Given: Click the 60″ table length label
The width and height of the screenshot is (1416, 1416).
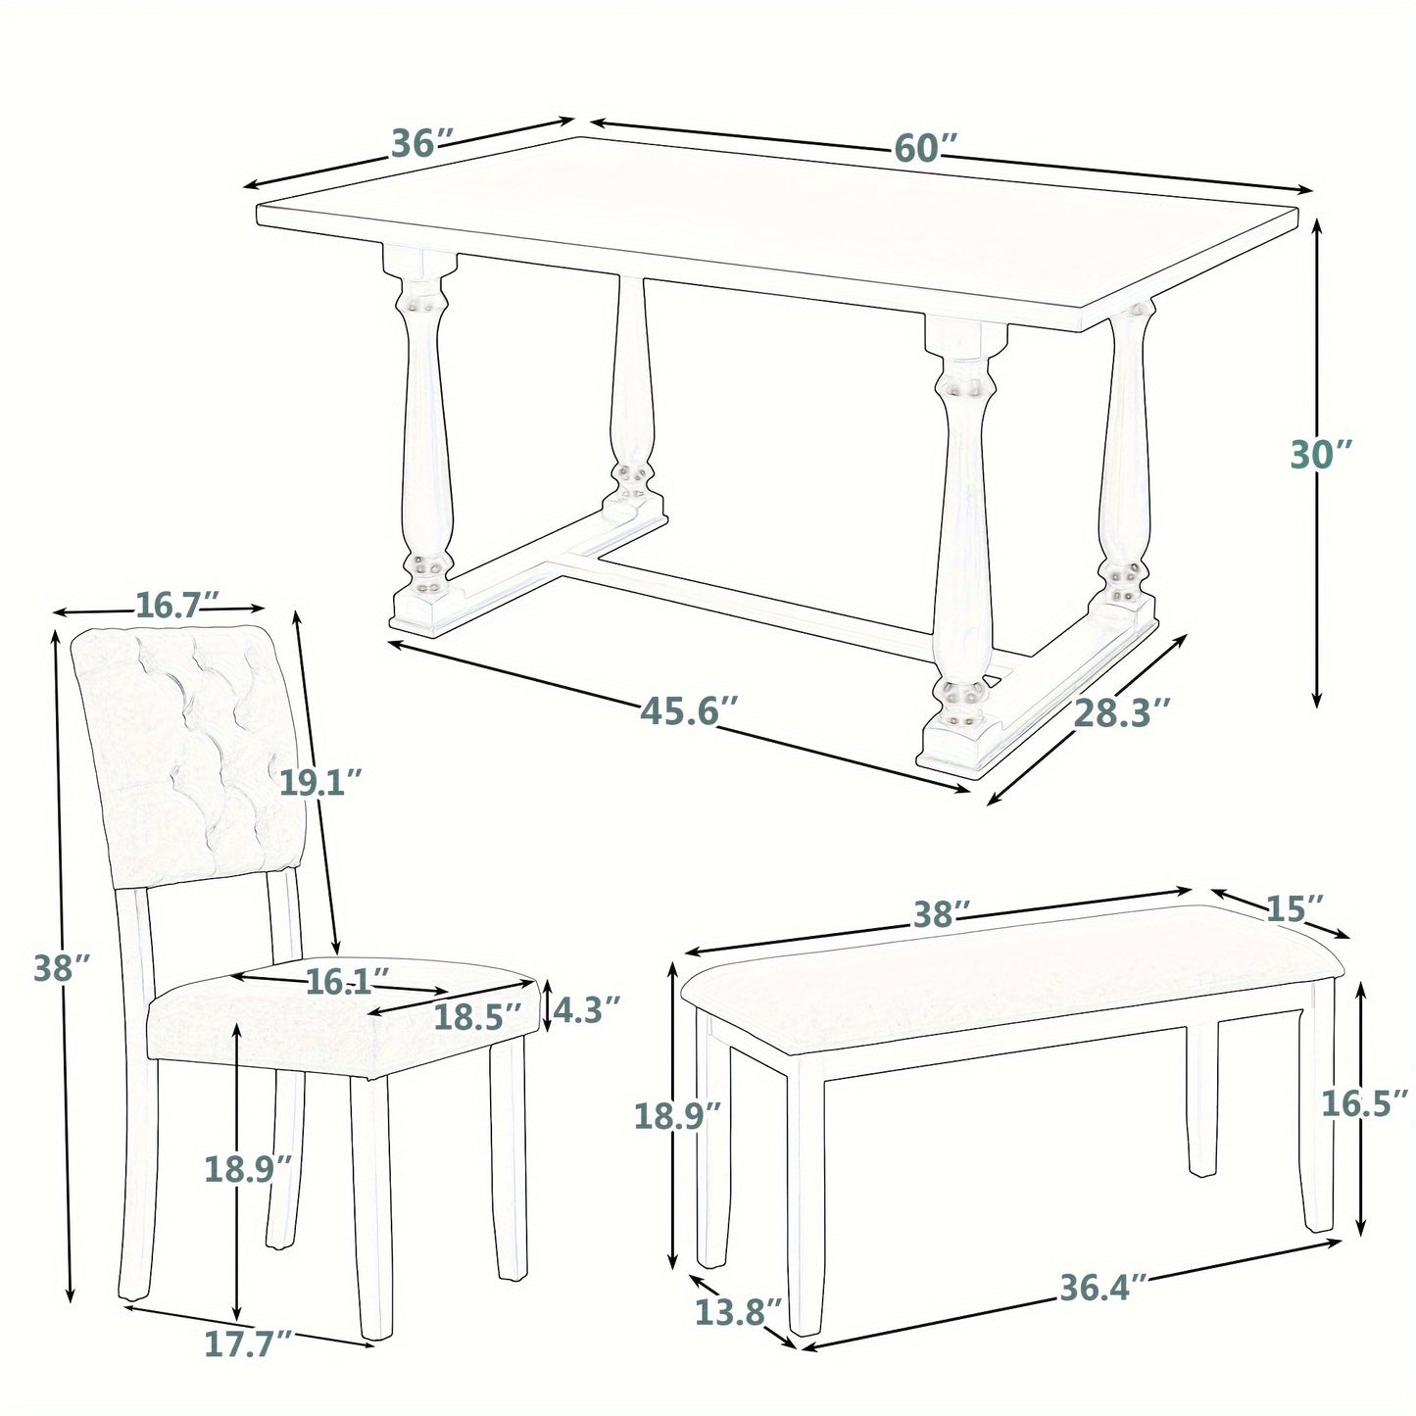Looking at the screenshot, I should click(x=923, y=150).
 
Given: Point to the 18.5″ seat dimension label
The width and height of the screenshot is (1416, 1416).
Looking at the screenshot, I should click(x=474, y=1016).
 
